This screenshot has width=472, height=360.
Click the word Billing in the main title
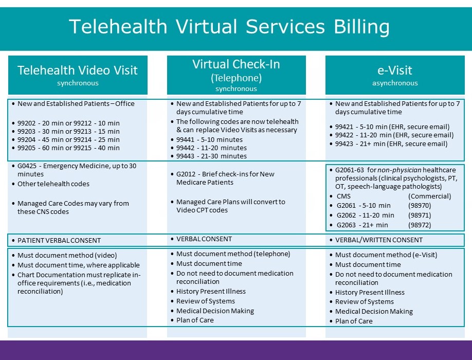(x=361, y=27)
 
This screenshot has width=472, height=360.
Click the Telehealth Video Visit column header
(x=78, y=70)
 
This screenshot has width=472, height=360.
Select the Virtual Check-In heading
(x=237, y=64)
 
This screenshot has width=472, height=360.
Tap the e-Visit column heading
(x=395, y=70)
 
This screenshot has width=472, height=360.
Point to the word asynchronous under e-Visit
(x=395, y=83)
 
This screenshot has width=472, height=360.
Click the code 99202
(x=27, y=123)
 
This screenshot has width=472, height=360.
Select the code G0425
(x=27, y=166)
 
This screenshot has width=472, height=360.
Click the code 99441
(x=186, y=140)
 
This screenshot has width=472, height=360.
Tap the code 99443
(x=186, y=156)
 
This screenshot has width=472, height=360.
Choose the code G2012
(x=186, y=174)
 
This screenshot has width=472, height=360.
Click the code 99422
(x=344, y=135)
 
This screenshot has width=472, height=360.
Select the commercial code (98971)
(x=420, y=215)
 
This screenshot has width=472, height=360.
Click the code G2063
(x=346, y=225)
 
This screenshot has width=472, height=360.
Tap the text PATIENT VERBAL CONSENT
(x=59, y=241)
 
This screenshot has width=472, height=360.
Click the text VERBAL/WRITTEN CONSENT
(x=379, y=240)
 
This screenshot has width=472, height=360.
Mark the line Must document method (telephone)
(x=233, y=254)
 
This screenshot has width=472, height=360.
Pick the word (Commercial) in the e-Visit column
(x=429, y=196)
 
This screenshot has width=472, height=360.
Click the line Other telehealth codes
(x=53, y=184)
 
